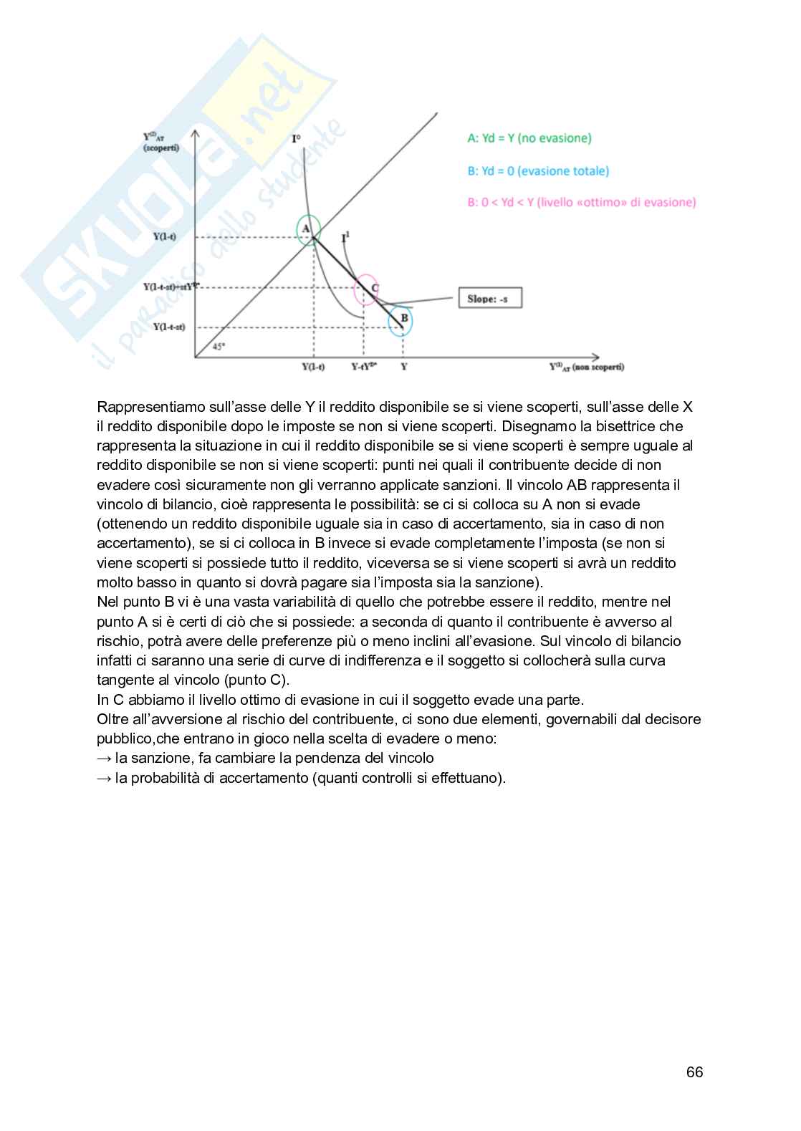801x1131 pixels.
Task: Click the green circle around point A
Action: tap(309, 230)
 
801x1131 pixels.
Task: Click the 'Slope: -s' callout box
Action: tap(489, 298)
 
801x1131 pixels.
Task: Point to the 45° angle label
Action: tap(219, 347)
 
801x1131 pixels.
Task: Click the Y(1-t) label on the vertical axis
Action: tap(165, 236)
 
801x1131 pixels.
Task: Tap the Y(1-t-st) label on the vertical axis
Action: tap(169, 327)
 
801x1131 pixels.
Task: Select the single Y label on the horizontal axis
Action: tap(403, 367)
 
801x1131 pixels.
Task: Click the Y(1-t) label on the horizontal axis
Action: tap(313, 367)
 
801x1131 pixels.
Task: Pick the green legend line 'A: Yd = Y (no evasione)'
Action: tap(529, 138)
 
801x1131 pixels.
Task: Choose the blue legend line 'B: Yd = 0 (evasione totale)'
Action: tap(538, 171)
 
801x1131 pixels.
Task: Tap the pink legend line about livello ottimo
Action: tap(581, 203)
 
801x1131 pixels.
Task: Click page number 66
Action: tap(694, 1072)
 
